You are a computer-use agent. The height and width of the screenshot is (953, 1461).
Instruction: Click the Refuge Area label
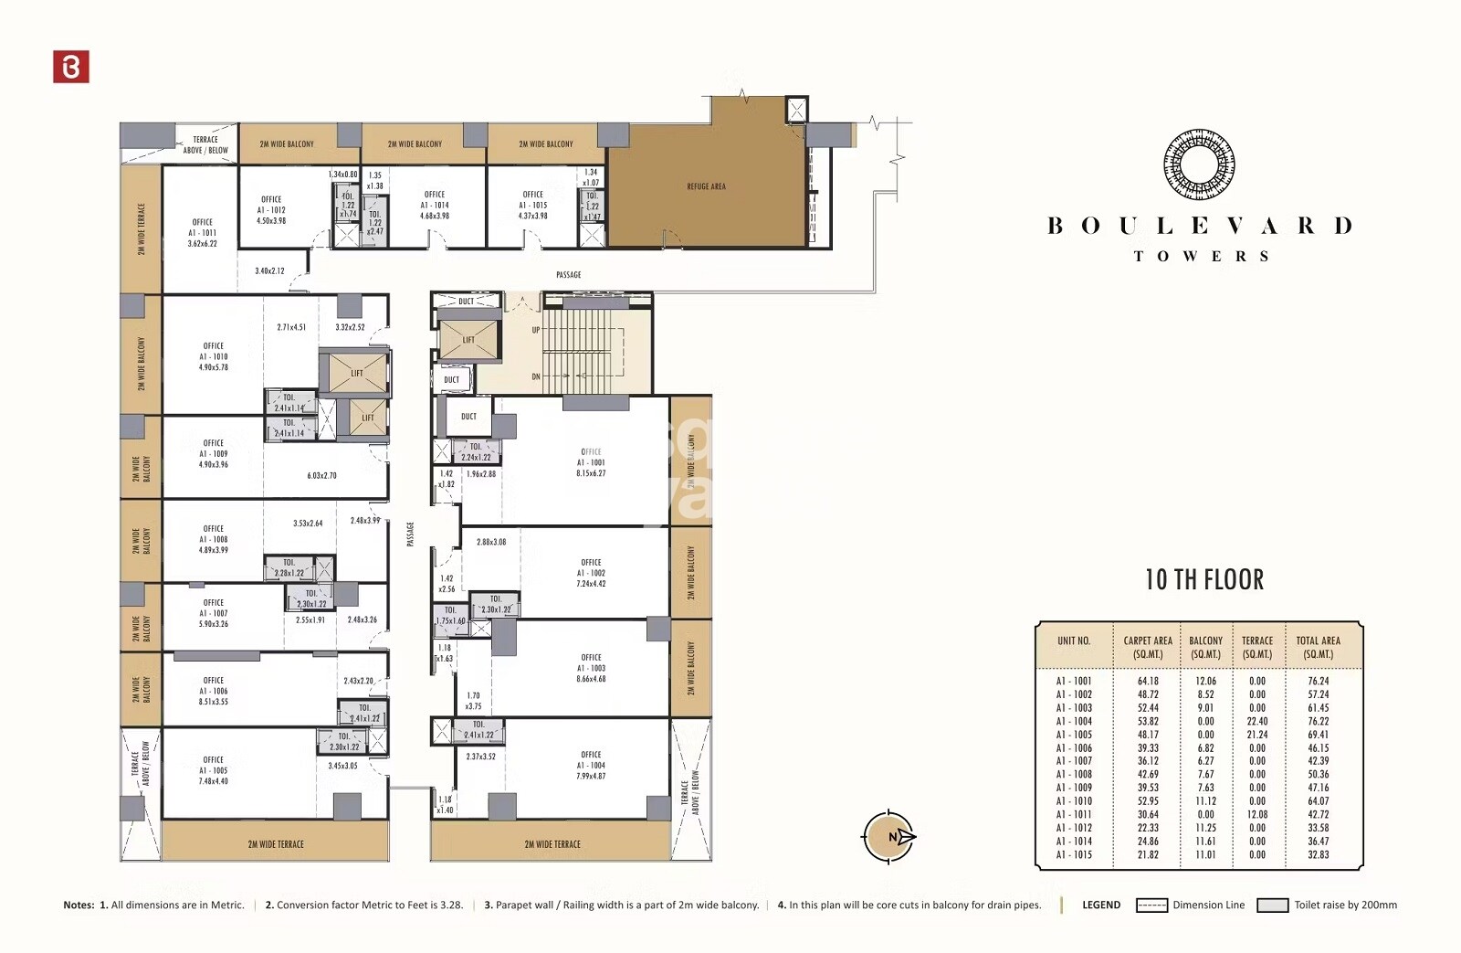706,186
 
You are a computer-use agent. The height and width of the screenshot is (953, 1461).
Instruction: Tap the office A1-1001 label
591,462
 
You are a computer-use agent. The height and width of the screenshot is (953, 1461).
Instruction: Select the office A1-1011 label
203,233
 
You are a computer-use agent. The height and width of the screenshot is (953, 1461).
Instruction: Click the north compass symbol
889,836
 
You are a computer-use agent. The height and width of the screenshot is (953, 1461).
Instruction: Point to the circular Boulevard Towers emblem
1199,164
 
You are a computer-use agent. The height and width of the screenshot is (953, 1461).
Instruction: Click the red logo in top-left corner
71,67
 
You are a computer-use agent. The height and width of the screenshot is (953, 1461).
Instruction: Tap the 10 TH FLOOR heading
1204,580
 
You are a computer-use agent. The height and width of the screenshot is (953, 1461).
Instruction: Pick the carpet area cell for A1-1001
1148,681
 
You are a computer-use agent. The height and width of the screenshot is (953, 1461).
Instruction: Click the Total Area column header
1318,647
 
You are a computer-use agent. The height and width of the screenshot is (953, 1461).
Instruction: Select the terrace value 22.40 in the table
1256,721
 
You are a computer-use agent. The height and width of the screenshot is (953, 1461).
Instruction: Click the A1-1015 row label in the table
1074,854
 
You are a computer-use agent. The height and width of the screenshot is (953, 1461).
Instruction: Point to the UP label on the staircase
536,330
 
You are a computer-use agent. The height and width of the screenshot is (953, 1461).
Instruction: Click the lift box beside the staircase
468,339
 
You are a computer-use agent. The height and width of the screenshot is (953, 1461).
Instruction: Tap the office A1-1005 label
213,770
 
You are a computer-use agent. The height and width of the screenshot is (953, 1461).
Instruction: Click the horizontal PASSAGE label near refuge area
568,275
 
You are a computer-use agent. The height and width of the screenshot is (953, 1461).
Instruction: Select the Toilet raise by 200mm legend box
1272,905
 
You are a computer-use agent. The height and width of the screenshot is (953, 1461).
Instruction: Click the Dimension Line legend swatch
1151,905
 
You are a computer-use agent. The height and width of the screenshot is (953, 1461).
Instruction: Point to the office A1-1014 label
435,205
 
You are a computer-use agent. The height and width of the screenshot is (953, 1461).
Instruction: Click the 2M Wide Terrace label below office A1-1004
552,844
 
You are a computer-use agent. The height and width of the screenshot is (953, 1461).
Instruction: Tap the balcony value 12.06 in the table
1205,681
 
